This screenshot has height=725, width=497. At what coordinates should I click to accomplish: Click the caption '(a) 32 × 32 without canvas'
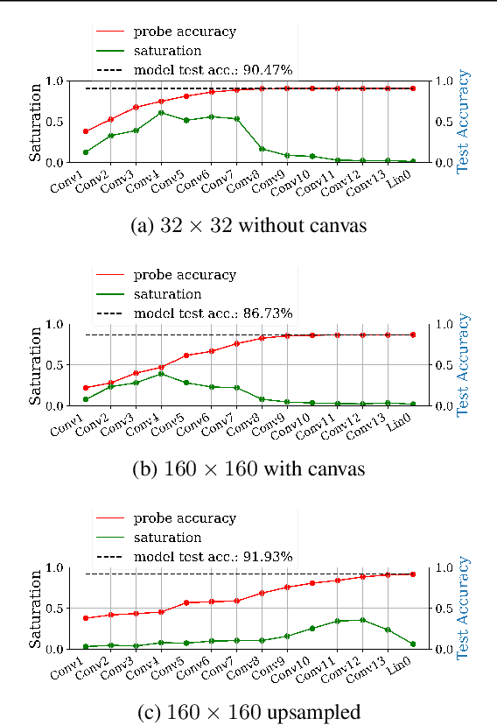pos(248,225)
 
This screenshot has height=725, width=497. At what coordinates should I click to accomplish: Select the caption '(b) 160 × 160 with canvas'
pos(248,468)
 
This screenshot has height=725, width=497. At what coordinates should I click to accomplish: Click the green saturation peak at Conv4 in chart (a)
pos(161,112)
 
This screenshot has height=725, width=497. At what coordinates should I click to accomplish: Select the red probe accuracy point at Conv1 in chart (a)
pos(85,131)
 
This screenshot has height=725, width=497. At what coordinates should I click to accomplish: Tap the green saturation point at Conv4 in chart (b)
pos(161,373)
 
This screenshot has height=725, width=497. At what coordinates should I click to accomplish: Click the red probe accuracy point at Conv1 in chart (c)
pos(85,618)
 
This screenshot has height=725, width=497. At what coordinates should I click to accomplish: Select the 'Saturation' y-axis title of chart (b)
pos(36,365)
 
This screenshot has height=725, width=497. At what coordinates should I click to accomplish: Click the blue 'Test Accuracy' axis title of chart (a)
pos(464,122)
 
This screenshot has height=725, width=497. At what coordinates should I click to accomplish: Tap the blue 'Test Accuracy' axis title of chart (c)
pos(464,609)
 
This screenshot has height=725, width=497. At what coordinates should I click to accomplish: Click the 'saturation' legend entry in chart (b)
pos(167,294)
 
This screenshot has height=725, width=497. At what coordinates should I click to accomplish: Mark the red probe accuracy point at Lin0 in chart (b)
pos(413,334)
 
